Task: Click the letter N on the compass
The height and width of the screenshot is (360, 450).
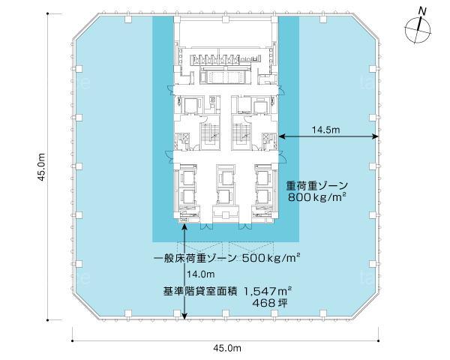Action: coord(421,11)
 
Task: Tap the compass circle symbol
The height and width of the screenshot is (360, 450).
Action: coord(418,30)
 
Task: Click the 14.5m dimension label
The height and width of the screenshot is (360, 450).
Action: coord(325,130)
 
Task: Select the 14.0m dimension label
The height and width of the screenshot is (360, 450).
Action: coord(201,274)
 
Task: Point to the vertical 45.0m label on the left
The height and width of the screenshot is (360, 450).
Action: coord(42,166)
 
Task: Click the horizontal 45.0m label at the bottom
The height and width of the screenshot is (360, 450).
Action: coord(227,348)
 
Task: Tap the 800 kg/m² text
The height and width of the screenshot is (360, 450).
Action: coord(316,197)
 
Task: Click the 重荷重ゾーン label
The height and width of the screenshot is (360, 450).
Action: coord(316,186)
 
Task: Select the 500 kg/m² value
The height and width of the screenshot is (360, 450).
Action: coord(271,258)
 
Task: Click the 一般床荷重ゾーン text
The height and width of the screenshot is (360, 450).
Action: coord(195,258)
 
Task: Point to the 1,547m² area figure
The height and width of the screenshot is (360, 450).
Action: coord(268,292)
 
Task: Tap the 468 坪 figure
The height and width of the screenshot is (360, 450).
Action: coord(269,303)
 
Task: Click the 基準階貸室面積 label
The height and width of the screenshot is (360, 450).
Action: coord(200,292)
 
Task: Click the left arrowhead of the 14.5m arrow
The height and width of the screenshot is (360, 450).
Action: coord(281,136)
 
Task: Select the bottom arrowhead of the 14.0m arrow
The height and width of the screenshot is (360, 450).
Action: coord(184,316)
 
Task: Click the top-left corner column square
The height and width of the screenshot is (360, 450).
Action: coord(128,19)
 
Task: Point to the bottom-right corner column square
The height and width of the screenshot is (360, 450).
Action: coord(323,313)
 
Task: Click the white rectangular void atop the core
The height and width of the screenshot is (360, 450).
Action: coord(225,32)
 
